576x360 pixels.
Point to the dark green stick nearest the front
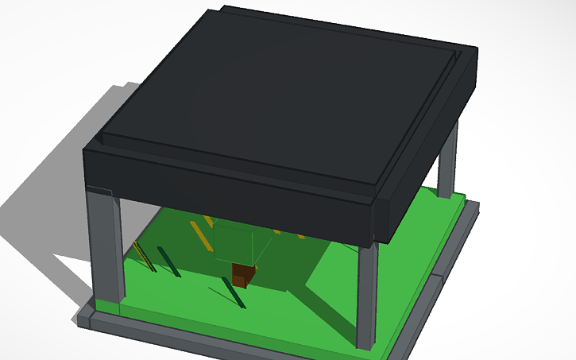(236, 296)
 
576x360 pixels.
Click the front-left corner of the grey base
(87, 322)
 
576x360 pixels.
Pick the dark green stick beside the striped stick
(168, 261)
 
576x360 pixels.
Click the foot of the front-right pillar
(366, 345)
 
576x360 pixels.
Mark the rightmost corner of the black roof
(478, 52)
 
